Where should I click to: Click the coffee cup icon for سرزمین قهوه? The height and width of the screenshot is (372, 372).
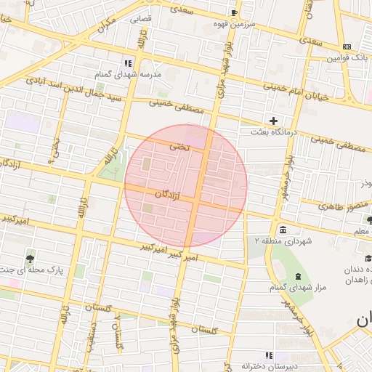234,12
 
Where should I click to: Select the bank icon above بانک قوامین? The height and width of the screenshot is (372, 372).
347,46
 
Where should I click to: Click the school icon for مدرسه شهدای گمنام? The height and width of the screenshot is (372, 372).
128,63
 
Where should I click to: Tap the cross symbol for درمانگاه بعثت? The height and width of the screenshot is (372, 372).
273,120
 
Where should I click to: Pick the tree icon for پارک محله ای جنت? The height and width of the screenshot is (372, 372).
29,258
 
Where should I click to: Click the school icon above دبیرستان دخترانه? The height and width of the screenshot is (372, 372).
269,355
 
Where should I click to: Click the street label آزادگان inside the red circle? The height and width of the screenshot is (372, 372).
168,195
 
